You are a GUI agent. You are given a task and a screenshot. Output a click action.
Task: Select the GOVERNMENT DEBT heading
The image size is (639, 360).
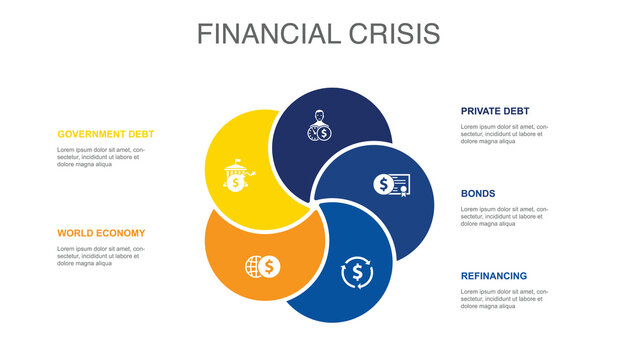pyautogui.click(x=106, y=134)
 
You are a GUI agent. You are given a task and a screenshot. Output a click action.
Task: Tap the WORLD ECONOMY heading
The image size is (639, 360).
pyautogui.click(x=101, y=233)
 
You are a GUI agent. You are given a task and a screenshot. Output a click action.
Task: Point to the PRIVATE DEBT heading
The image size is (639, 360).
pyautogui.click(x=495, y=111)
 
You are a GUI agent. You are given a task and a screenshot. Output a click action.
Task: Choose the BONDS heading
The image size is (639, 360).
pyautogui.click(x=478, y=193)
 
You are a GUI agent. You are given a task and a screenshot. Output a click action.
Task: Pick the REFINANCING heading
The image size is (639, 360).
pyautogui.click(x=494, y=275)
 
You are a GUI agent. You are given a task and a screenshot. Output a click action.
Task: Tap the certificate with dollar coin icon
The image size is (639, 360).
pyautogui.click(x=392, y=184)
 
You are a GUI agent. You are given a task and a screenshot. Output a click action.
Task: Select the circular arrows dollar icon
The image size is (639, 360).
pyautogui.click(x=356, y=271)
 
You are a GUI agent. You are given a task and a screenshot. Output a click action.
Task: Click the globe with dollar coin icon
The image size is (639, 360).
pyautogui.click(x=263, y=266)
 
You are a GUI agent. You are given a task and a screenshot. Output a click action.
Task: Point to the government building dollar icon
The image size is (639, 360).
pyautogui.click(x=235, y=177)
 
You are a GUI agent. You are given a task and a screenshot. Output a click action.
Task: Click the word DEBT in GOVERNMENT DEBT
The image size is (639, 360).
pyautogui.click(x=139, y=134)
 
